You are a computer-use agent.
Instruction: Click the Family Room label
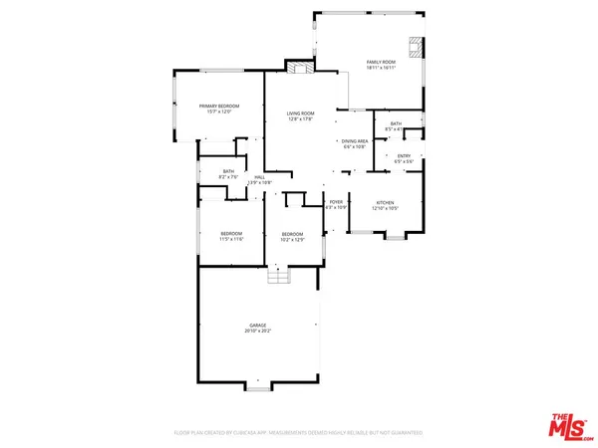point(380,61)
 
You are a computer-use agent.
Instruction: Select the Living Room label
point(300,114)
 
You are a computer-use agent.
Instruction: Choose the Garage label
point(258,326)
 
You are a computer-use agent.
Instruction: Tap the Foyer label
point(337,202)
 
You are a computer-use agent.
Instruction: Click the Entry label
point(404,155)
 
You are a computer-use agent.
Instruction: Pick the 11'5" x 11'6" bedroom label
point(231,236)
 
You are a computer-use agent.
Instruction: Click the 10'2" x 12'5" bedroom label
point(292,236)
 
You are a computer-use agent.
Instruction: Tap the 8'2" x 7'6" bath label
point(228,173)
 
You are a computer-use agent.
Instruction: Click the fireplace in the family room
point(416,49)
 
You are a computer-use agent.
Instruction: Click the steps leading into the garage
point(280,277)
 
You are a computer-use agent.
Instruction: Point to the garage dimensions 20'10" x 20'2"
point(258,332)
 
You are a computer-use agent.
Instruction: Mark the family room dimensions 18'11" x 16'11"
point(380,67)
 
